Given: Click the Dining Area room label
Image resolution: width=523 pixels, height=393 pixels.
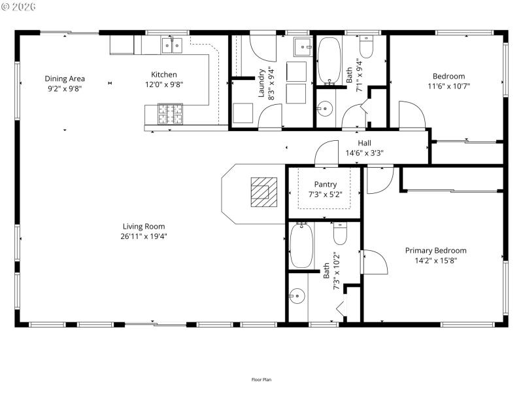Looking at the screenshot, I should point(65,79).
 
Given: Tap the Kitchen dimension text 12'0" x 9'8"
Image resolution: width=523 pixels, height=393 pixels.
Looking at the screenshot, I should point(164,84).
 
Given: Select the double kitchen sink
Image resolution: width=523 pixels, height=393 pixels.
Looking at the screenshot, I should point(172,45).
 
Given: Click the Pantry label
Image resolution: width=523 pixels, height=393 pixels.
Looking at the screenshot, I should point(325,185).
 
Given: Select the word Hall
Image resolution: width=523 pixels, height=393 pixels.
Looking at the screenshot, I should point(364,143).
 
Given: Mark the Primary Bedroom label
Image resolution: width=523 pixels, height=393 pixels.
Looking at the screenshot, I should point(435,250).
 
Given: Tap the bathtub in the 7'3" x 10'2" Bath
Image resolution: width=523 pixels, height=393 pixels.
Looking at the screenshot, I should point(301,246).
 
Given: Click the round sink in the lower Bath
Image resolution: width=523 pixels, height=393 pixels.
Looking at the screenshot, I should point(297,296).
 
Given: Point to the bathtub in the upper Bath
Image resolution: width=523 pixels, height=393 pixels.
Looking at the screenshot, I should point(329,62).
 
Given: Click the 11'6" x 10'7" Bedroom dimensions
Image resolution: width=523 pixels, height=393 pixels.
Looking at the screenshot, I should point(449,86).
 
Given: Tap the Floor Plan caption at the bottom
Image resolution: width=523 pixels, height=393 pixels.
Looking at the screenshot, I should point(261,379).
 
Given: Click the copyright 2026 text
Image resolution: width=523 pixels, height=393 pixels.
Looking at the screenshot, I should point(20,6).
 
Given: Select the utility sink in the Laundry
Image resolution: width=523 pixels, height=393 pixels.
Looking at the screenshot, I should point(303,47).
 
